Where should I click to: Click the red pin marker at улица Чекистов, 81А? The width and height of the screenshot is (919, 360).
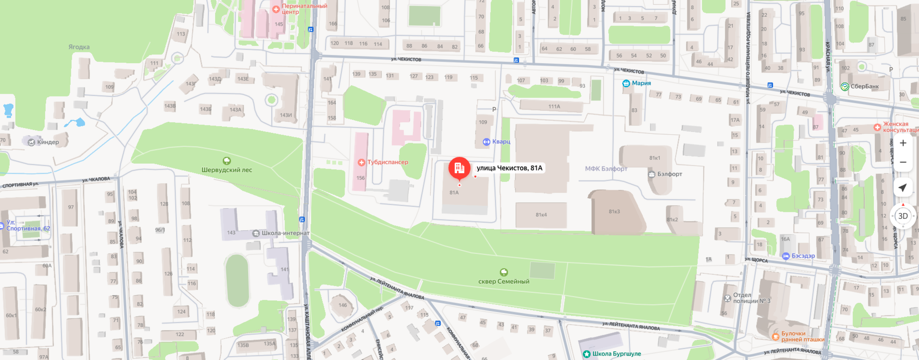459,168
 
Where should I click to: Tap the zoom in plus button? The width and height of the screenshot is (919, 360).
903,143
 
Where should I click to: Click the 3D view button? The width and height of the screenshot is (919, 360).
903,216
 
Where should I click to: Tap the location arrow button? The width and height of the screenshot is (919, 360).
903,188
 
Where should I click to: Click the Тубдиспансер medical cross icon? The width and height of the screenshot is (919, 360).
361,162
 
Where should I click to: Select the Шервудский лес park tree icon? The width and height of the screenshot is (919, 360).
226,161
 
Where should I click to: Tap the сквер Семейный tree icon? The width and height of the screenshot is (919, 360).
504,272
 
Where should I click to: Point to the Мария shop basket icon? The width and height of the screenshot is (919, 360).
626,83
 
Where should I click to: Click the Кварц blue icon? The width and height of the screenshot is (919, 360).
486,142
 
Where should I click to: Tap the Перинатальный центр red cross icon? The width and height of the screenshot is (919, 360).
276,9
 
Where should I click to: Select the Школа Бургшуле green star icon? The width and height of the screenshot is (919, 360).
586,354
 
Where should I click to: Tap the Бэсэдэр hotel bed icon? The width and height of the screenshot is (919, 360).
786,256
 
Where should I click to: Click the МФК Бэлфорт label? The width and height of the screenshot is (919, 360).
606,169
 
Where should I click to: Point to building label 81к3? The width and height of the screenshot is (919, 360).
614,211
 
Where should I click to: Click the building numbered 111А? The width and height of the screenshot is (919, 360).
554,106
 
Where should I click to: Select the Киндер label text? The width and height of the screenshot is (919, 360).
48,142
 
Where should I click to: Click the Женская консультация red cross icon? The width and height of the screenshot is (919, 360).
877,127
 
